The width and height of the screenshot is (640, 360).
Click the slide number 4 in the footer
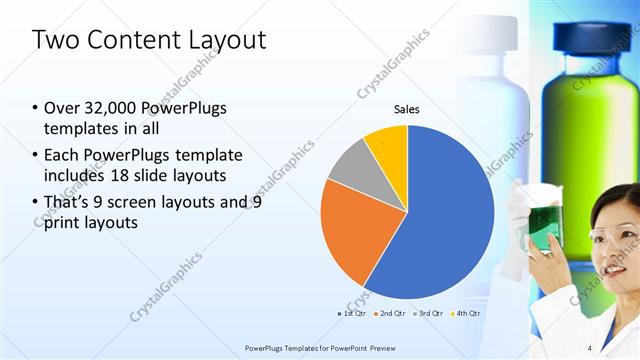point(590,348)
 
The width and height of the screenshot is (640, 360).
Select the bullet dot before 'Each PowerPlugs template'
point(36,156)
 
